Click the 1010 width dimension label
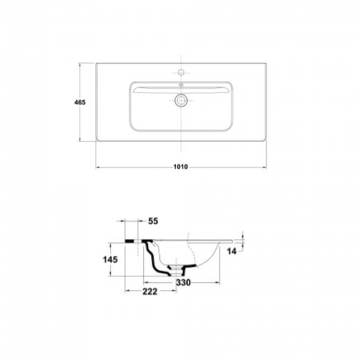tap(181, 166)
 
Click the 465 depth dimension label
tap(80, 102)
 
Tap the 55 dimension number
tap(153, 221)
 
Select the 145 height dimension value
tap(110, 260)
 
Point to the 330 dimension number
tap(183, 283)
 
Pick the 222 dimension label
tap(150, 292)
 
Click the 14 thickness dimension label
tap(231, 251)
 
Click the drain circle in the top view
tap(181, 100)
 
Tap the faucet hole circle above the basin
tap(181, 72)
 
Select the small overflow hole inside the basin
tap(181, 85)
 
